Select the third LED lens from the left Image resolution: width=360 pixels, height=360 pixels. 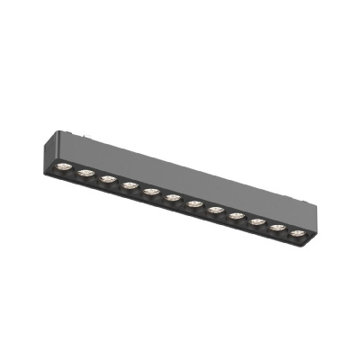(x=108, y=178)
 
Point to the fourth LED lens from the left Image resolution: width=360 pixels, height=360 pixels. (x=130, y=184)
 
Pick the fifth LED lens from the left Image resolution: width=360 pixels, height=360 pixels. (x=151, y=191)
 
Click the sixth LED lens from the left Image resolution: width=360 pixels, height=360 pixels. (x=173, y=197)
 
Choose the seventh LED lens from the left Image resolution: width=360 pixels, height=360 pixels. (x=194, y=203)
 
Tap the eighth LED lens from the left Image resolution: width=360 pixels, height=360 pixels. (x=216, y=210)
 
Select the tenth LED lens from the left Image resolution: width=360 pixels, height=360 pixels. (x=258, y=221)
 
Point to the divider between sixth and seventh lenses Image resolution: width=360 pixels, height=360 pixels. (x=184, y=201)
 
